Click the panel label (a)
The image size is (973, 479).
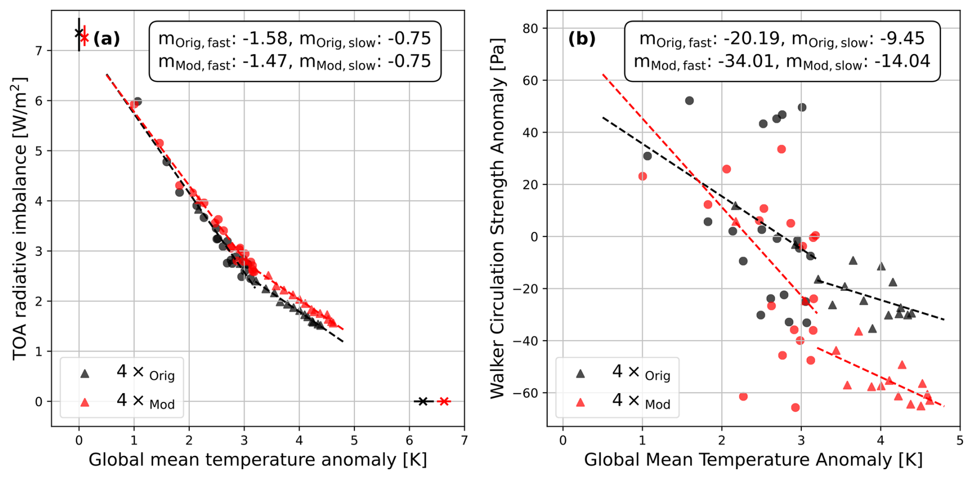click(106, 39)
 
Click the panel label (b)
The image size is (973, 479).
click(582, 39)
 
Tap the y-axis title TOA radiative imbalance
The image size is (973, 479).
click(20, 218)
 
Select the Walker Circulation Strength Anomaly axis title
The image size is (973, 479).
click(497, 218)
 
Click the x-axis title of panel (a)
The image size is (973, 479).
click(258, 459)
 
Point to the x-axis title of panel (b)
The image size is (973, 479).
click(753, 459)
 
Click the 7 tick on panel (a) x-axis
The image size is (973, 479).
click(464, 440)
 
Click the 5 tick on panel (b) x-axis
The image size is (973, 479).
click(960, 440)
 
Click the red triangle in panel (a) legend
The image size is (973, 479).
click(85, 402)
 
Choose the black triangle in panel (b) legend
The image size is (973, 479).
click(580, 374)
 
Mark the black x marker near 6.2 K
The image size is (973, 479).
click(422, 401)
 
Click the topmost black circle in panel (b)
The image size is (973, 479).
click(689, 101)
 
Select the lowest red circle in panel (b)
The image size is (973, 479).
click(795, 408)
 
